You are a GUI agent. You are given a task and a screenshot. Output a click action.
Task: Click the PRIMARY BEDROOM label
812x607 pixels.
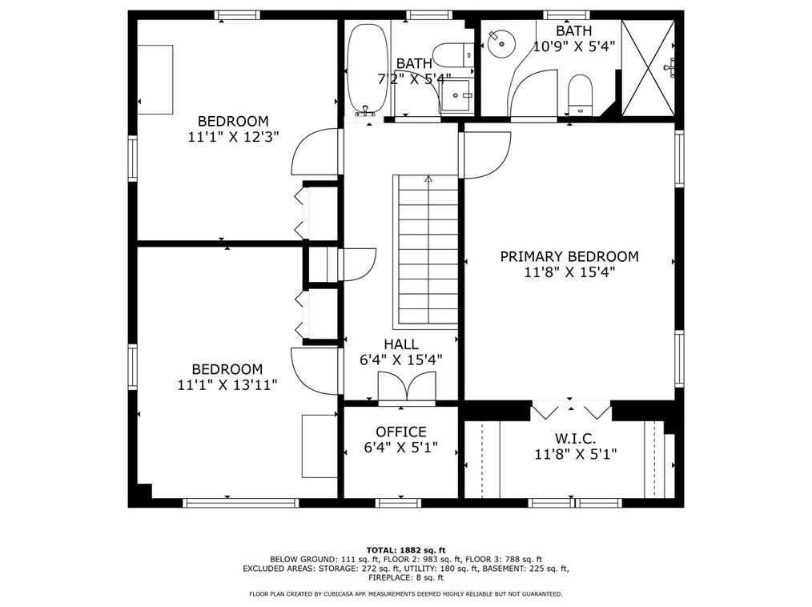569,256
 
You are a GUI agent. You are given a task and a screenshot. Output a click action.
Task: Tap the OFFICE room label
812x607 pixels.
401,432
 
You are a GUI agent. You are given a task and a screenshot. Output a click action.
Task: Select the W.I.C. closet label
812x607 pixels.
575,439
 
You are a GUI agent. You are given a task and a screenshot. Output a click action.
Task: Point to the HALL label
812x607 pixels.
401,344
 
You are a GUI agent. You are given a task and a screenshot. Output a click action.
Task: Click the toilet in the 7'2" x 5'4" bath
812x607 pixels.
453,55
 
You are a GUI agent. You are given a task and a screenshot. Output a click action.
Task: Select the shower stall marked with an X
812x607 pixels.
649,68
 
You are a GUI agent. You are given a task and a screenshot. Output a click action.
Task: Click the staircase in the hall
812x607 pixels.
426,251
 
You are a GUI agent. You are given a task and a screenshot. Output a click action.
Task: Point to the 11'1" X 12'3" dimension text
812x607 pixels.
234,137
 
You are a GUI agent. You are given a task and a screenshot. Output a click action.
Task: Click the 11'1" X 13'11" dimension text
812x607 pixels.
227,385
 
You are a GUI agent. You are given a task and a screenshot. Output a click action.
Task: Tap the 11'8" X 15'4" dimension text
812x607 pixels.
569,272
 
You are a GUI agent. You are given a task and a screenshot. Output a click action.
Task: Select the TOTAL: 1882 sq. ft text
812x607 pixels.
406,550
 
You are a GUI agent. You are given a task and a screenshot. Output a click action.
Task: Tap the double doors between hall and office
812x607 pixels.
407,386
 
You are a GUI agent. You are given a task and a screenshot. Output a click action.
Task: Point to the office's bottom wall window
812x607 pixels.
398,502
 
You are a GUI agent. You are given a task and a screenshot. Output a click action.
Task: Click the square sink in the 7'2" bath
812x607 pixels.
456,96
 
